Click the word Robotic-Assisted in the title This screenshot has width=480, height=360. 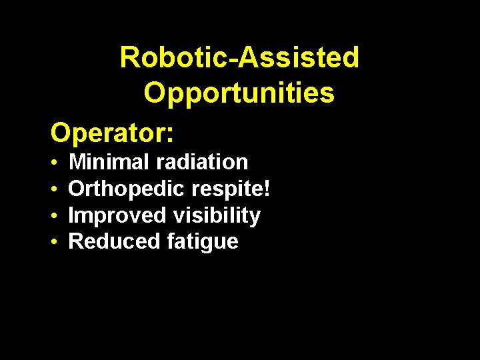(x=239, y=58)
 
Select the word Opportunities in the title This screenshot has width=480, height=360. (x=239, y=93)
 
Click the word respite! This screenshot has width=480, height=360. (x=231, y=189)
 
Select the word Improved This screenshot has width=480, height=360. (x=117, y=215)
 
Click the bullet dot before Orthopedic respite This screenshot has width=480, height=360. (x=53, y=190)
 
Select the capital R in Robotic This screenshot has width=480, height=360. (x=129, y=58)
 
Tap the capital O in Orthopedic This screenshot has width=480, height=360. (x=77, y=189)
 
